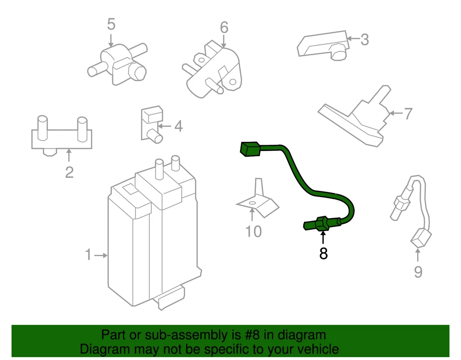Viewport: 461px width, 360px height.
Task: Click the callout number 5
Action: [x=111, y=24]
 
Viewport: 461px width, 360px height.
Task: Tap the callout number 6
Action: [x=224, y=27]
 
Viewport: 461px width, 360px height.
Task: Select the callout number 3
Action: [x=364, y=39]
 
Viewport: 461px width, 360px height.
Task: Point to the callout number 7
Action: [x=407, y=114]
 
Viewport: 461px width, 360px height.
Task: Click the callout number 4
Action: [x=178, y=127]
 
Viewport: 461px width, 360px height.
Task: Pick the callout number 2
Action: [x=69, y=172]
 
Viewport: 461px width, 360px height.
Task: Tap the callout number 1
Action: [x=88, y=255]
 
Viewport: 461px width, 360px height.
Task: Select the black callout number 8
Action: [x=323, y=253]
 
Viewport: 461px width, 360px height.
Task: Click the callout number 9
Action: [x=418, y=272]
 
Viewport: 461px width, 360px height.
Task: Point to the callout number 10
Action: [x=254, y=232]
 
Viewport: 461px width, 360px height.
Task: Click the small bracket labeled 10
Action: [x=258, y=202]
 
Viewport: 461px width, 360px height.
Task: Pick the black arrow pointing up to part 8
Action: [x=323, y=237]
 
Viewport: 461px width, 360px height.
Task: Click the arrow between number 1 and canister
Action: [x=101, y=255]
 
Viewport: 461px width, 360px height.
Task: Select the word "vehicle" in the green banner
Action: [x=314, y=349]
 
